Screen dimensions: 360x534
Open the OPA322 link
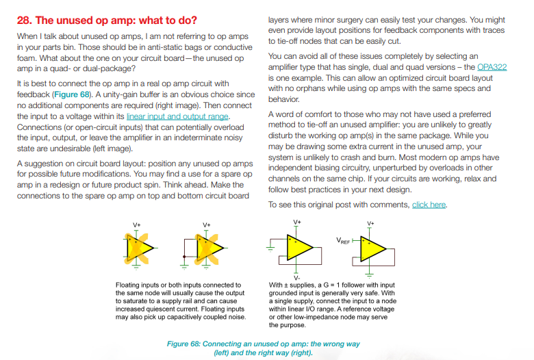point(492,67)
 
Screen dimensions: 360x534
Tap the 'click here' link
point(429,205)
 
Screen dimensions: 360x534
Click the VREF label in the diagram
point(344,242)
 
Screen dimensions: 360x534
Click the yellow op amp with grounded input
point(299,247)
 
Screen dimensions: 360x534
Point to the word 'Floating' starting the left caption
point(128,285)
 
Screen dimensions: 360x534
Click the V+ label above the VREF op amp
point(370,224)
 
